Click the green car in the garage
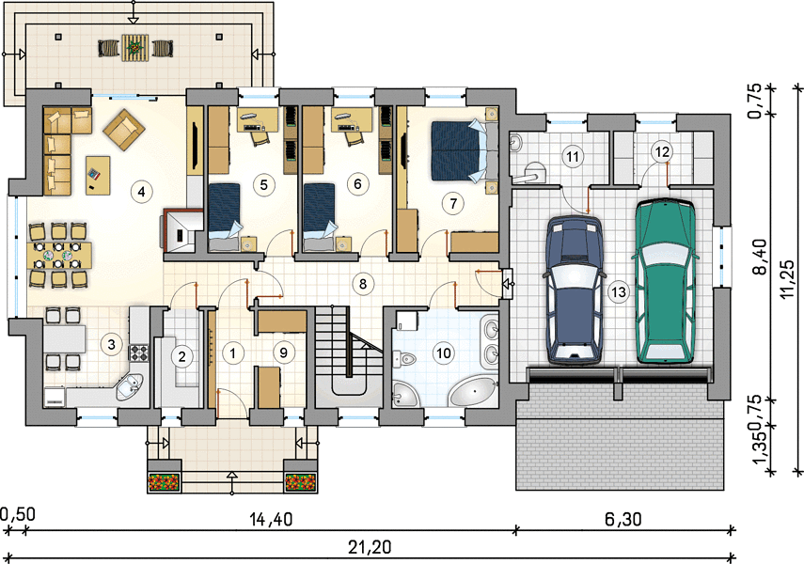point(665,281)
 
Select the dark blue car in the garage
point(574,290)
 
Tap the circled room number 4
point(141,192)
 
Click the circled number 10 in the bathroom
point(444,352)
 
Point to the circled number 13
point(619,292)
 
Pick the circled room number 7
point(452,204)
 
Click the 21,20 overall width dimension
point(370,547)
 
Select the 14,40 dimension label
point(271,520)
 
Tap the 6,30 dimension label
point(623,520)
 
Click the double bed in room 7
point(459,150)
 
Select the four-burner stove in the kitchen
point(138,352)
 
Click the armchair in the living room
point(124,129)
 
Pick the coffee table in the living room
point(98,176)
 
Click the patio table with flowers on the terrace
point(135,47)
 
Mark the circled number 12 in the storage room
point(662,151)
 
